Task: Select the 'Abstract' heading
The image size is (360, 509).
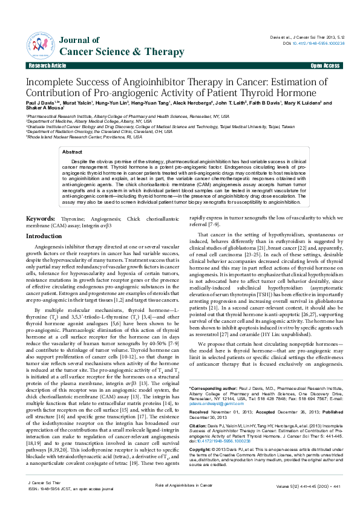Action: (73, 152)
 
